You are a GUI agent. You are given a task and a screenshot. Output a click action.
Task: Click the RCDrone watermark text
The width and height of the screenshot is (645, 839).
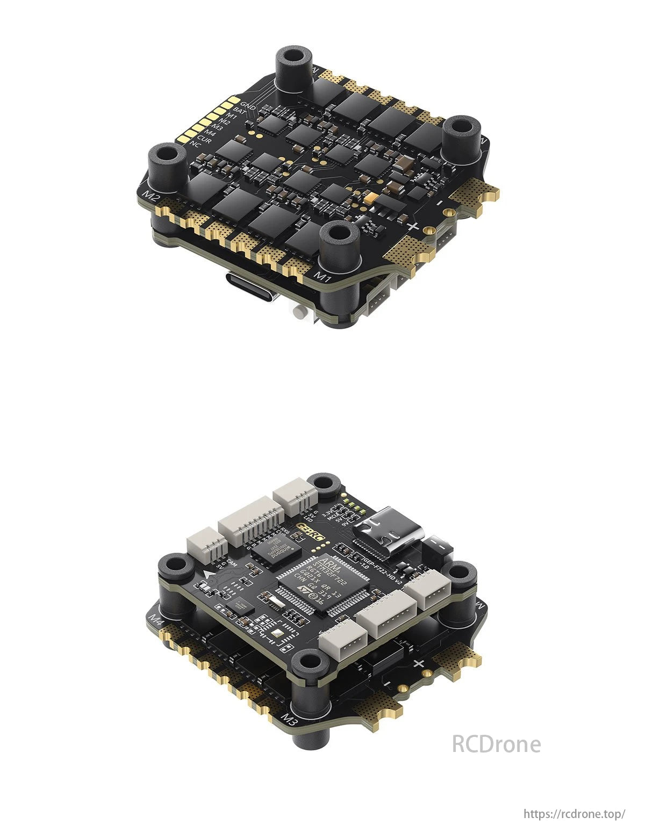[496, 744]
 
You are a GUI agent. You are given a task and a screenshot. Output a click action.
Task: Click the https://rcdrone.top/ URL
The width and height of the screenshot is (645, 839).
[575, 814]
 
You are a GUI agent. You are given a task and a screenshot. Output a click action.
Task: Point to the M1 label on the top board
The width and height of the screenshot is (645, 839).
[321, 277]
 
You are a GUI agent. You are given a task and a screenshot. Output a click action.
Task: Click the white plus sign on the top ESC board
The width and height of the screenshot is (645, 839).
[412, 226]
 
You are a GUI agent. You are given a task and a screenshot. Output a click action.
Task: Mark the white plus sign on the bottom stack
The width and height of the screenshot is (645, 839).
[419, 663]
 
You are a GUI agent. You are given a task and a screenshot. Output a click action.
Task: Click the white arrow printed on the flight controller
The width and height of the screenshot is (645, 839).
[209, 576]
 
